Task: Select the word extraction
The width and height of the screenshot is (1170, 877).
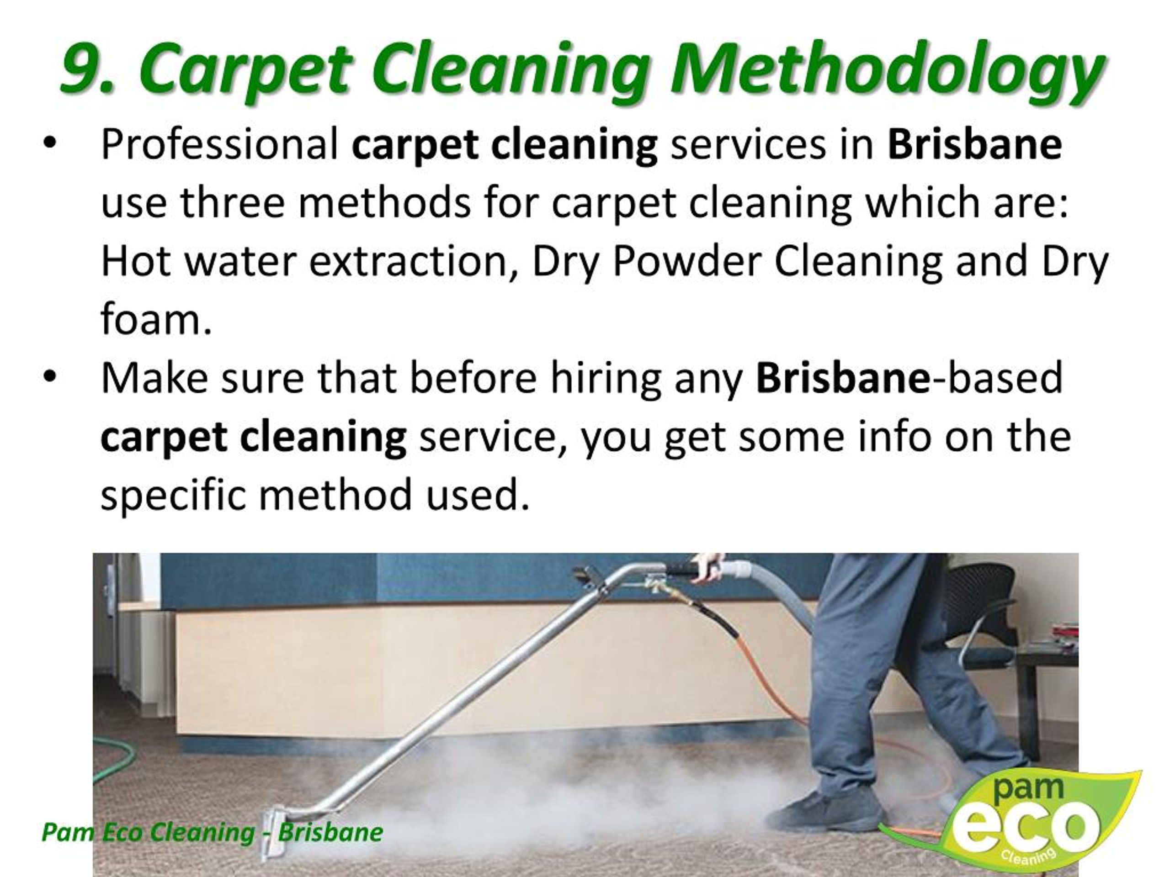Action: pos(408,261)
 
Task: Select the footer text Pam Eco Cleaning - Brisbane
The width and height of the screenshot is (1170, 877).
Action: pos(212,832)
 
